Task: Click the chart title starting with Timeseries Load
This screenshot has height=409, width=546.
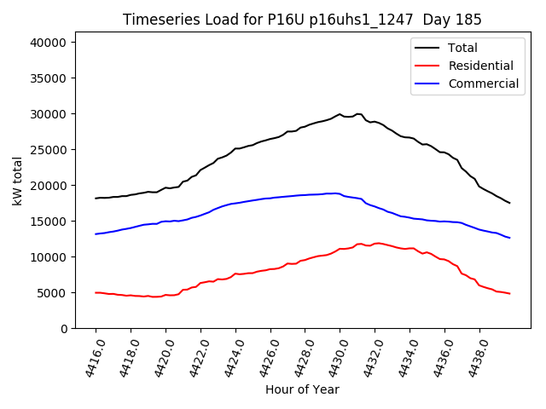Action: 302,20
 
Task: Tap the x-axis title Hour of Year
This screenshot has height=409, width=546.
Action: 302,389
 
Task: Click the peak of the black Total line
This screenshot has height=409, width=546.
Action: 340,113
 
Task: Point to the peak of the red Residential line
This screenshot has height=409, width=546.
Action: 376,243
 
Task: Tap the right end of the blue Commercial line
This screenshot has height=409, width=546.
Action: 510,238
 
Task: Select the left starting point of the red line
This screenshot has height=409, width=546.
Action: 96,292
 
